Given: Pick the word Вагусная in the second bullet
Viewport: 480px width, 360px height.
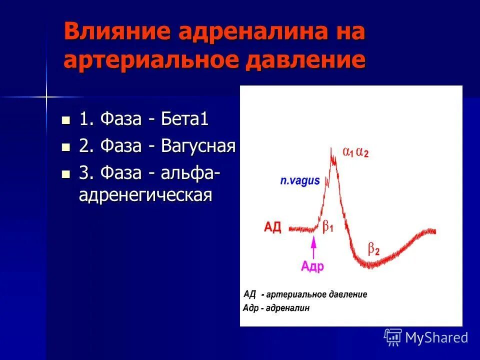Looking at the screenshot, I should tap(198, 146).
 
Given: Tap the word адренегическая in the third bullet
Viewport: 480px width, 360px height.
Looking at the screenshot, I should tap(145, 194).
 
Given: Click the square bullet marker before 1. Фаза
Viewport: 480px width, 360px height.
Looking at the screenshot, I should tap(65, 120).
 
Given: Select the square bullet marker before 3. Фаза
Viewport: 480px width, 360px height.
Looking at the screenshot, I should tap(65, 174).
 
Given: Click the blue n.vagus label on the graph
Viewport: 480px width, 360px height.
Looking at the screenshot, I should tap(299, 181).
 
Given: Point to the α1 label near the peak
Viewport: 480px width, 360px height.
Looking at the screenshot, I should tap(348, 152).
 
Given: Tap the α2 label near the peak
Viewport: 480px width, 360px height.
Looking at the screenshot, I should tap(363, 152).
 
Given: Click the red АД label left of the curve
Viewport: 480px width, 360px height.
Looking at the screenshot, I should tap(273, 228).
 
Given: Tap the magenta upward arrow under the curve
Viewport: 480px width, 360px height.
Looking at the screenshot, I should tap(313, 247).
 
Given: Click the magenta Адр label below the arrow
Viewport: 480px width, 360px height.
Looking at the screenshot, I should tap(312, 266).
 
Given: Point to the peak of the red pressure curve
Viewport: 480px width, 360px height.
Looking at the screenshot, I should tap(331, 148).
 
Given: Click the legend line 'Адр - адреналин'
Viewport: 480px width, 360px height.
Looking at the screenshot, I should tap(276, 307).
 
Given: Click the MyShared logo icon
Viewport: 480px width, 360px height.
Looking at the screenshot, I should tap(393, 337).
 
